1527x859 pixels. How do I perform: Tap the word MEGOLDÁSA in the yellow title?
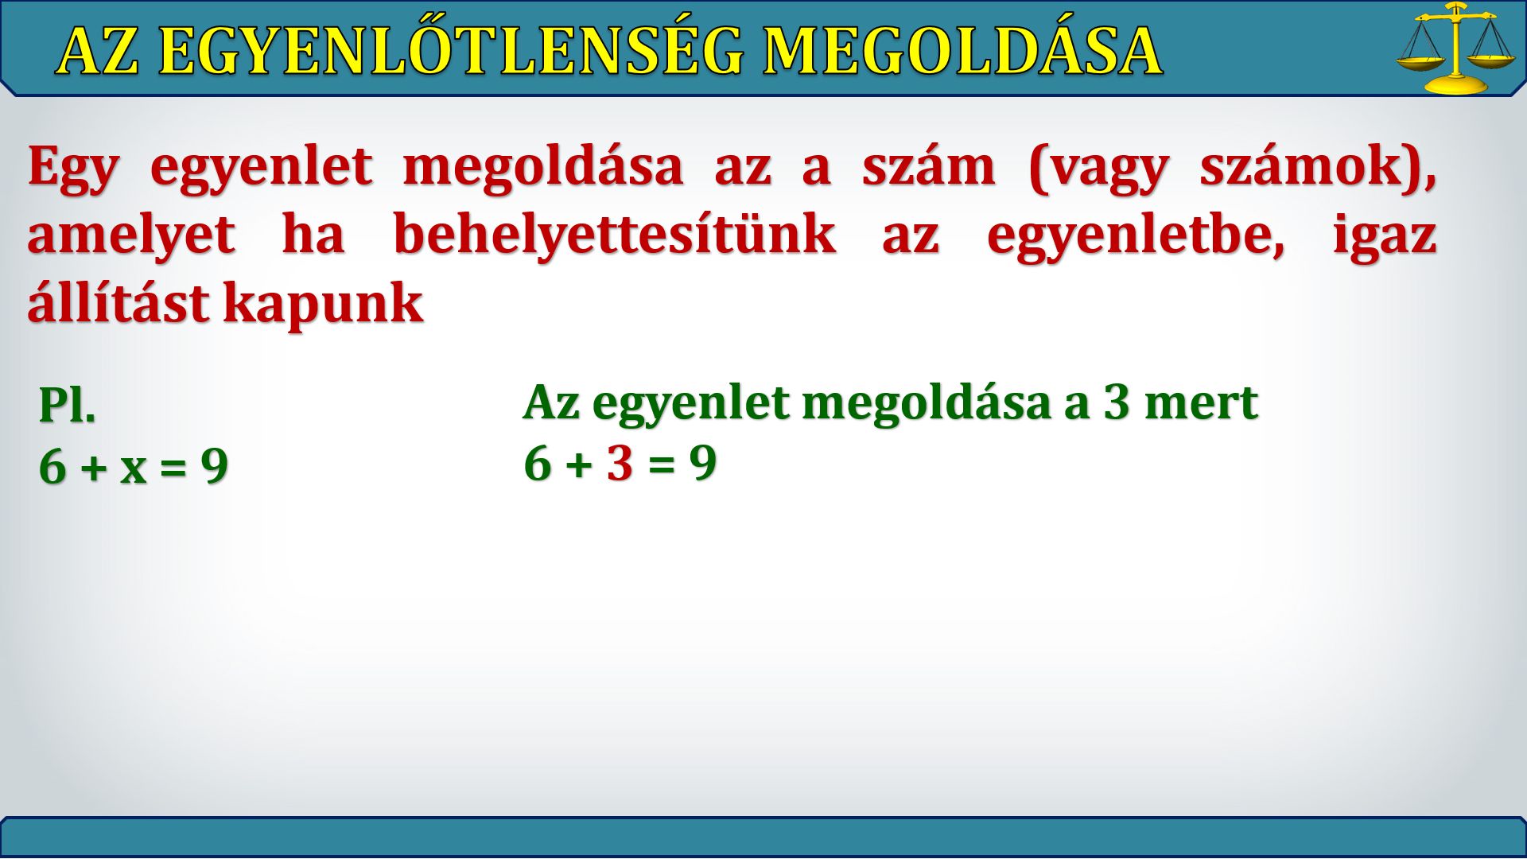click(x=962, y=52)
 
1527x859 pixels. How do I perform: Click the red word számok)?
click(x=1318, y=168)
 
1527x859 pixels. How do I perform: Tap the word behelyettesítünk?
click(x=614, y=235)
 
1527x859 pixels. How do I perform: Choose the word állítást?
click(x=118, y=302)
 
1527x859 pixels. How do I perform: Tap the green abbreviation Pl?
click(x=68, y=405)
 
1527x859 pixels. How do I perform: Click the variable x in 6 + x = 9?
click(x=134, y=468)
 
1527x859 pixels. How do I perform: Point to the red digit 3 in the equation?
click(x=620, y=464)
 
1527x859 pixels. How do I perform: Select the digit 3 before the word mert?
click(x=1116, y=402)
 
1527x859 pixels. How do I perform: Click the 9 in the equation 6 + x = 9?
click(x=214, y=466)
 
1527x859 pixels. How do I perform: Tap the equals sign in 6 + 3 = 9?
click(x=661, y=464)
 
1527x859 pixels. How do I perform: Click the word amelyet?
click(x=132, y=235)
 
